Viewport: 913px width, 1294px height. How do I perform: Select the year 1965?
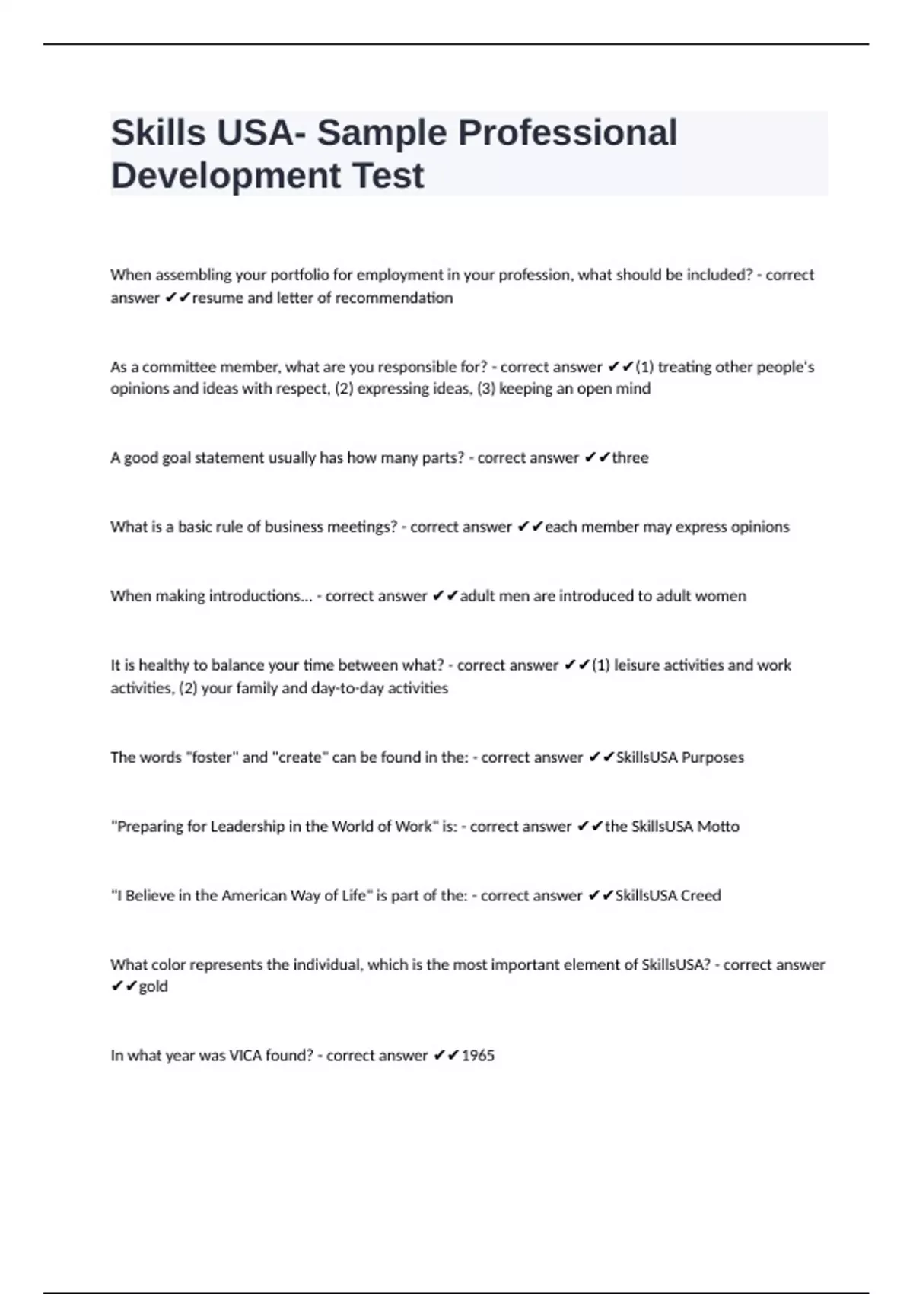pyautogui.click(x=478, y=1056)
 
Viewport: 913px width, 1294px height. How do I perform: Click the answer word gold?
pyautogui.click(x=153, y=986)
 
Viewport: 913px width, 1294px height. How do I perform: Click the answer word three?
pyautogui.click(x=630, y=457)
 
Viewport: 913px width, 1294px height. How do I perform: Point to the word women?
pyautogui.click(x=722, y=596)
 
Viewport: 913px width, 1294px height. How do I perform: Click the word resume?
pyautogui.click(x=217, y=298)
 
